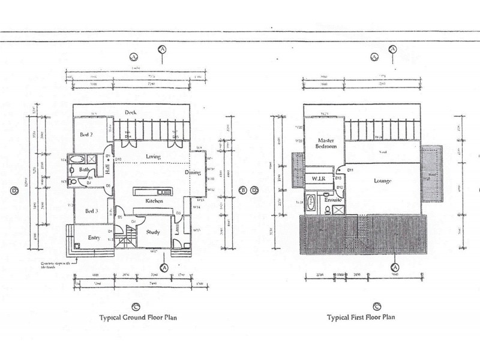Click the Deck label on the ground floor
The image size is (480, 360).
(x=130, y=113)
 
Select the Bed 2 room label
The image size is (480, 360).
(x=86, y=135)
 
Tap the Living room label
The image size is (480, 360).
(x=154, y=157)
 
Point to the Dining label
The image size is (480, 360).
(x=192, y=173)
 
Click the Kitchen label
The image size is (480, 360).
(x=154, y=202)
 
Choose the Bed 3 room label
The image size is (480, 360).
(x=91, y=211)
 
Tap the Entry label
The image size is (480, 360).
(x=94, y=237)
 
